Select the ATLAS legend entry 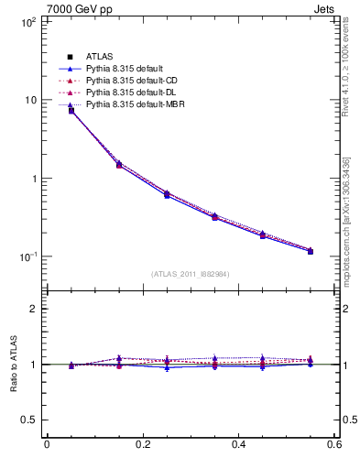(x=99, y=58)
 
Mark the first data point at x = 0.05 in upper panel (x=71, y=111)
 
